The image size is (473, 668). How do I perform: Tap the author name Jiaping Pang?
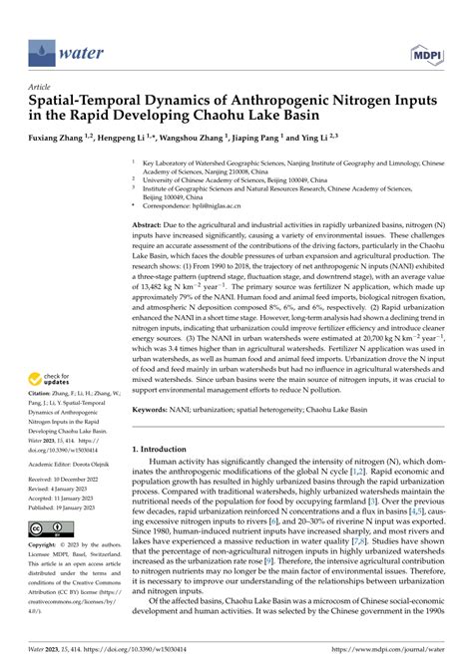(x=282, y=138)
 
